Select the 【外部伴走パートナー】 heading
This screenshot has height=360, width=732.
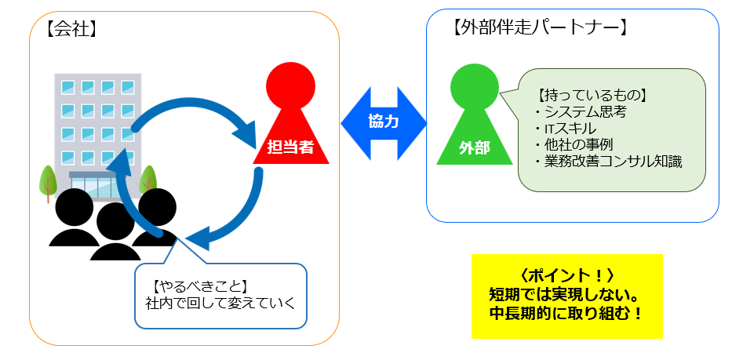click(541, 29)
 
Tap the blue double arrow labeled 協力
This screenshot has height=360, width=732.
click(384, 122)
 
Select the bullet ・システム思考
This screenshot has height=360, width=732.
click(578, 112)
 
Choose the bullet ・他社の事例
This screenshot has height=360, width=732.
click(572, 145)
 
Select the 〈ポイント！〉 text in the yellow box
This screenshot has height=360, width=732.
click(566, 275)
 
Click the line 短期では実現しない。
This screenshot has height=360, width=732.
click(566, 294)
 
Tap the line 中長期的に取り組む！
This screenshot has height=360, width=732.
click(566, 313)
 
